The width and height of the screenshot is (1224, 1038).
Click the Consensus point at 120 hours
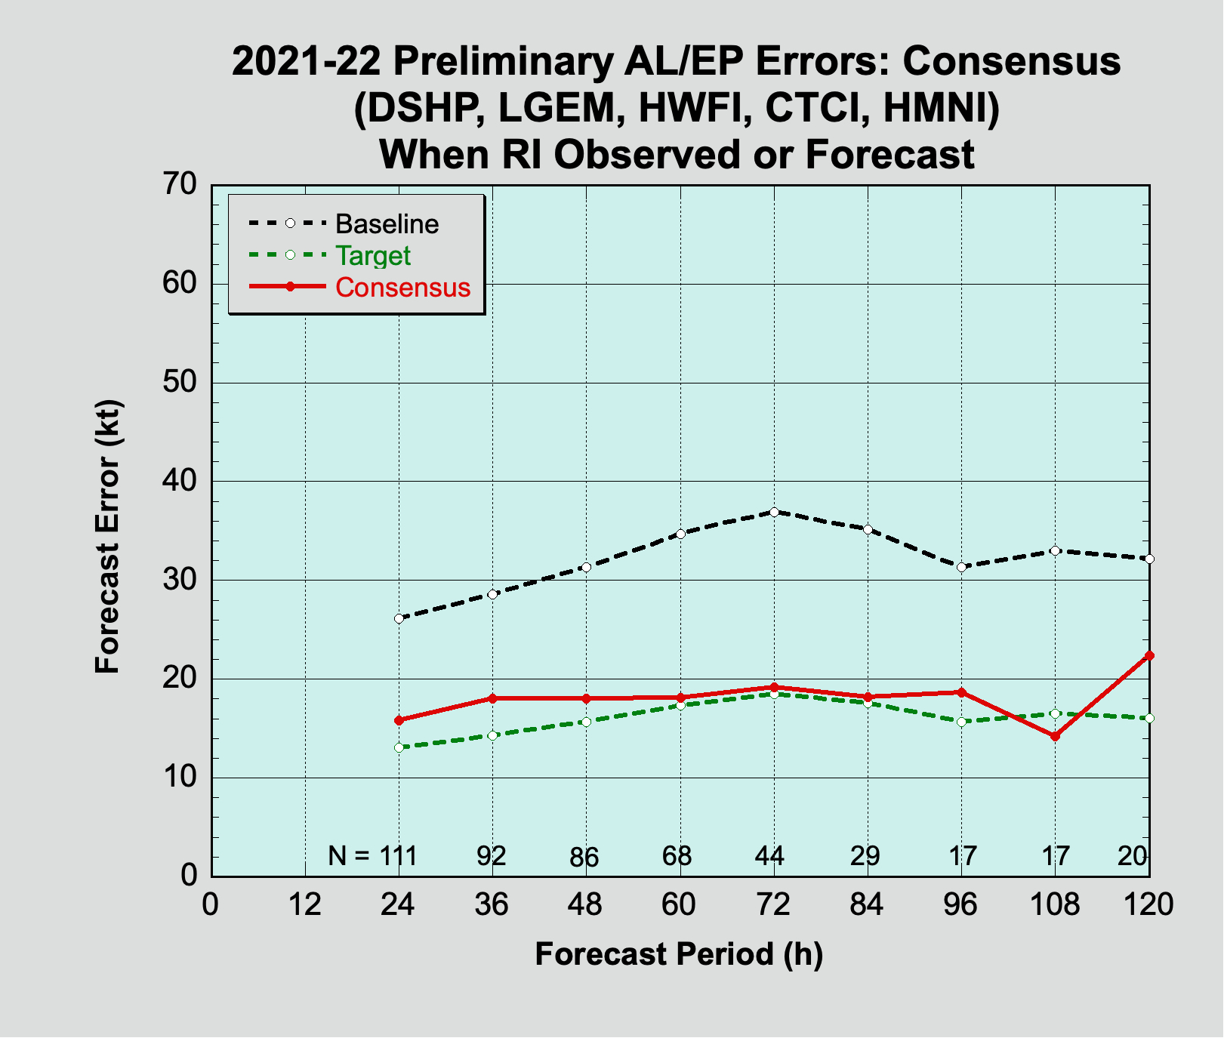pos(1149,655)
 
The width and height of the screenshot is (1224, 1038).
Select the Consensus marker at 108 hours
pos(1055,736)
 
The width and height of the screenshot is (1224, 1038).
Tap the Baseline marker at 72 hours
pos(774,512)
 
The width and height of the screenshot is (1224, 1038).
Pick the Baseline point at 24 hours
pos(399,618)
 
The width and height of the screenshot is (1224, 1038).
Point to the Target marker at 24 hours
pos(399,747)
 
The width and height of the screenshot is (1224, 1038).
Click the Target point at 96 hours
pos(961,722)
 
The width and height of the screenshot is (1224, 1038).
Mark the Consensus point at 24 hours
pos(399,720)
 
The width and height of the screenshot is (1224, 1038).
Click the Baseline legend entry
pos(387,224)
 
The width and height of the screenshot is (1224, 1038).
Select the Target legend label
pos(373,256)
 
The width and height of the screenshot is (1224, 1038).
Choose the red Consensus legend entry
pos(402,288)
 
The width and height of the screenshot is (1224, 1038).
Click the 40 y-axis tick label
pos(180,481)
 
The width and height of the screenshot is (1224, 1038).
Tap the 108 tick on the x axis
pos(1055,904)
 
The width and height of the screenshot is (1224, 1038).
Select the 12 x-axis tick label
pos(305,904)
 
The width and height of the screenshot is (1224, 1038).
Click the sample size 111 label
pos(398,856)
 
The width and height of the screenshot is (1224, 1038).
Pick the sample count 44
pos(770,856)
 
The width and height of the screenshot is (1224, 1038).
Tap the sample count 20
pos(1133,856)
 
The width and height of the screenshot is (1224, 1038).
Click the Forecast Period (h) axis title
pos(679,954)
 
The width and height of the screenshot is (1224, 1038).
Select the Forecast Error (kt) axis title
pos(108,536)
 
